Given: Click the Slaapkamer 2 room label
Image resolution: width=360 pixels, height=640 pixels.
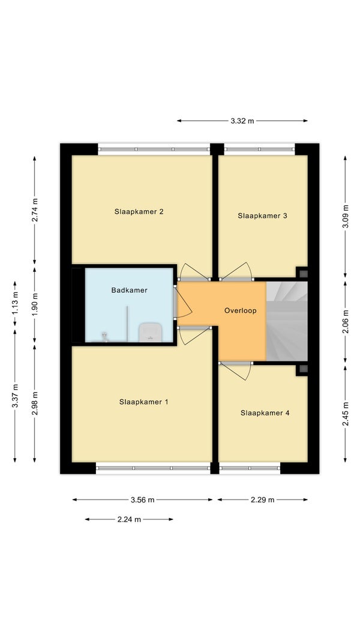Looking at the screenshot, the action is point(139,211).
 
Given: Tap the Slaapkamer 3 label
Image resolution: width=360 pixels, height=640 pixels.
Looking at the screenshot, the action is point(262,216).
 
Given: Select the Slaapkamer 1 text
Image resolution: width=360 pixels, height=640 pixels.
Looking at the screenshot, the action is point(143,402).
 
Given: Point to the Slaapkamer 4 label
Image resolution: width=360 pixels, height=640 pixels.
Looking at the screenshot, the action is point(265,412).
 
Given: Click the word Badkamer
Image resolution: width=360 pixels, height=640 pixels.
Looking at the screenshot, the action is point(129,290).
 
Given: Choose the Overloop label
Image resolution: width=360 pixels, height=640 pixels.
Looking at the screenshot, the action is point(241,310).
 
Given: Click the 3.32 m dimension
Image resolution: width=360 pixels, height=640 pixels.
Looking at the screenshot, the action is point(242,121).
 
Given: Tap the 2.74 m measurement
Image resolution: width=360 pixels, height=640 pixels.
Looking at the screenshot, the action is point(35,210).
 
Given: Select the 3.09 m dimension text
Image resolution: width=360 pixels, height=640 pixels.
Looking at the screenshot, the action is point(346,216).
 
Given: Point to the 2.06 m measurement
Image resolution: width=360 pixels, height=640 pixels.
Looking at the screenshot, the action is point(346,322).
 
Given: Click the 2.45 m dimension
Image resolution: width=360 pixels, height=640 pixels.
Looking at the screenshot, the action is point(346,414).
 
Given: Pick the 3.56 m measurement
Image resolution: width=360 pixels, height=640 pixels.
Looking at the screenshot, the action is point(142,500).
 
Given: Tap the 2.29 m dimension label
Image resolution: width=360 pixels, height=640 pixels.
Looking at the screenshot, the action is point(263,500).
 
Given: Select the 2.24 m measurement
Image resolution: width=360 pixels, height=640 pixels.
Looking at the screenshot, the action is point(129,519).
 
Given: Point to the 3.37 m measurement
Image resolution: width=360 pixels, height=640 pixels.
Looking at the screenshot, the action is point(14,396).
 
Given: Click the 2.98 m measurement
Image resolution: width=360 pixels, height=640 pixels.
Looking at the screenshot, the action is point(35,403).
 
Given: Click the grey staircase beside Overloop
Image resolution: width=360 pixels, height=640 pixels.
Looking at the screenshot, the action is point(287,321).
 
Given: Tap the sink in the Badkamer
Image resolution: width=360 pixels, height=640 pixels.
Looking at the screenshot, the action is point(151,332).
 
